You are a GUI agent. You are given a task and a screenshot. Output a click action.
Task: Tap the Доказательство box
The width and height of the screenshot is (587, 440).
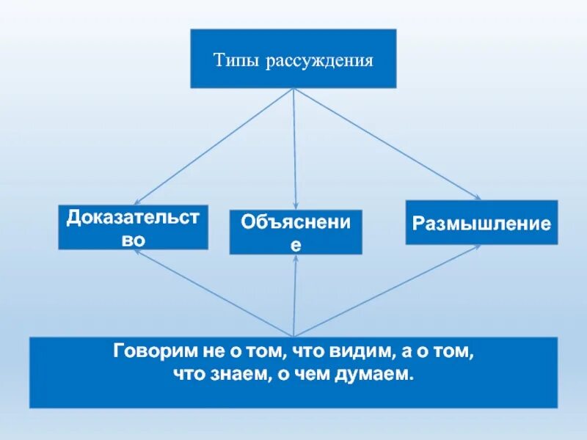[134, 227]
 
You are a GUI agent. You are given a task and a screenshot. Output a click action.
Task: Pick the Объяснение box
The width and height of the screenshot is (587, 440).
[296, 232]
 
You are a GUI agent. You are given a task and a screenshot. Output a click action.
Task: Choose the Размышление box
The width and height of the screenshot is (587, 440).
[481, 223]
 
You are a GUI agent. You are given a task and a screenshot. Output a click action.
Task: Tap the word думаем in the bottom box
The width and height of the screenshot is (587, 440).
[379, 375]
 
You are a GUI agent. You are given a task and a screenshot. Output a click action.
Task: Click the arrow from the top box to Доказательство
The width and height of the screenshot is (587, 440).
[213, 147]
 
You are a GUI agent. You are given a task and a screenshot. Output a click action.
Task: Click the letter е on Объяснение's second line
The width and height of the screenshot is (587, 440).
[296, 244]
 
